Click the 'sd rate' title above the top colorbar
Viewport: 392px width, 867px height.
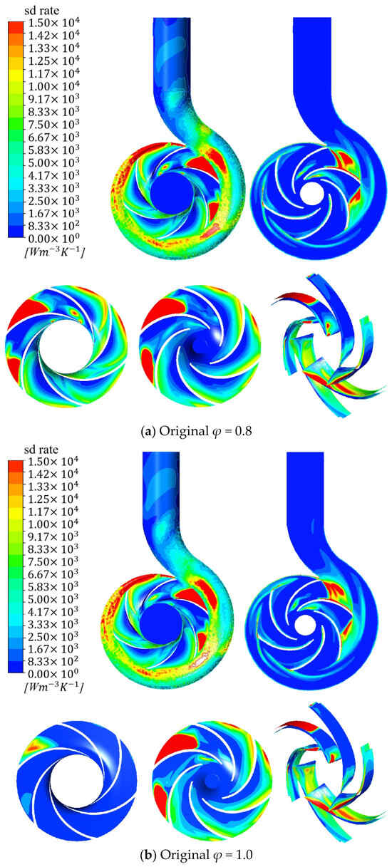(42, 11)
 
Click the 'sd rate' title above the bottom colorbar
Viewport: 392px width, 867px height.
(41, 450)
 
